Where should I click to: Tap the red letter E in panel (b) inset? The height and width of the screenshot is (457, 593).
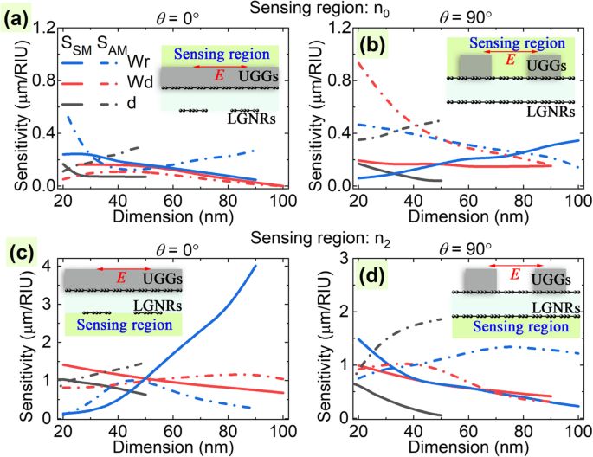(510, 61)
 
